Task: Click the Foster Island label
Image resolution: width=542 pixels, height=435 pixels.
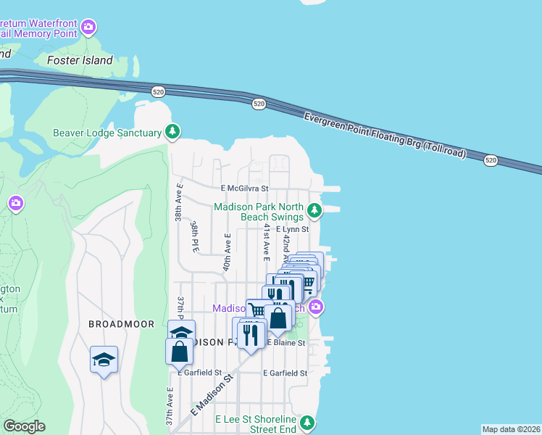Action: click(x=80, y=61)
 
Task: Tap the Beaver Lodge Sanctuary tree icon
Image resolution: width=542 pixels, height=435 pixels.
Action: click(x=172, y=131)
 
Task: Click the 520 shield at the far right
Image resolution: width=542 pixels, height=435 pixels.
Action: click(x=491, y=159)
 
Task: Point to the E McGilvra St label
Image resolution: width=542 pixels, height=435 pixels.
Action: click(x=244, y=188)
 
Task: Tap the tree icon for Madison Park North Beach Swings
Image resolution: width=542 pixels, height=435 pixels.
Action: click(x=314, y=211)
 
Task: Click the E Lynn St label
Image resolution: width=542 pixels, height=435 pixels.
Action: click(x=292, y=229)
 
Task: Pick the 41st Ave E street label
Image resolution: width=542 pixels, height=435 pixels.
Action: click(x=267, y=242)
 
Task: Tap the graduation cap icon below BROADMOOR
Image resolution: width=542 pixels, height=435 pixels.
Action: click(x=104, y=359)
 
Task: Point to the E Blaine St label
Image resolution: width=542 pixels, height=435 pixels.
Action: click(x=286, y=342)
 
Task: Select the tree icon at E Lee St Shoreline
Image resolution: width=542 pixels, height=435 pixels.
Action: click(x=307, y=422)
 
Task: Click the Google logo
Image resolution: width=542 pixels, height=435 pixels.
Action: click(x=24, y=426)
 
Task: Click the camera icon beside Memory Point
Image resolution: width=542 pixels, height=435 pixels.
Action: click(x=88, y=28)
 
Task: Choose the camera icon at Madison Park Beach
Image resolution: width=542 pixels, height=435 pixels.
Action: click(x=315, y=308)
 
